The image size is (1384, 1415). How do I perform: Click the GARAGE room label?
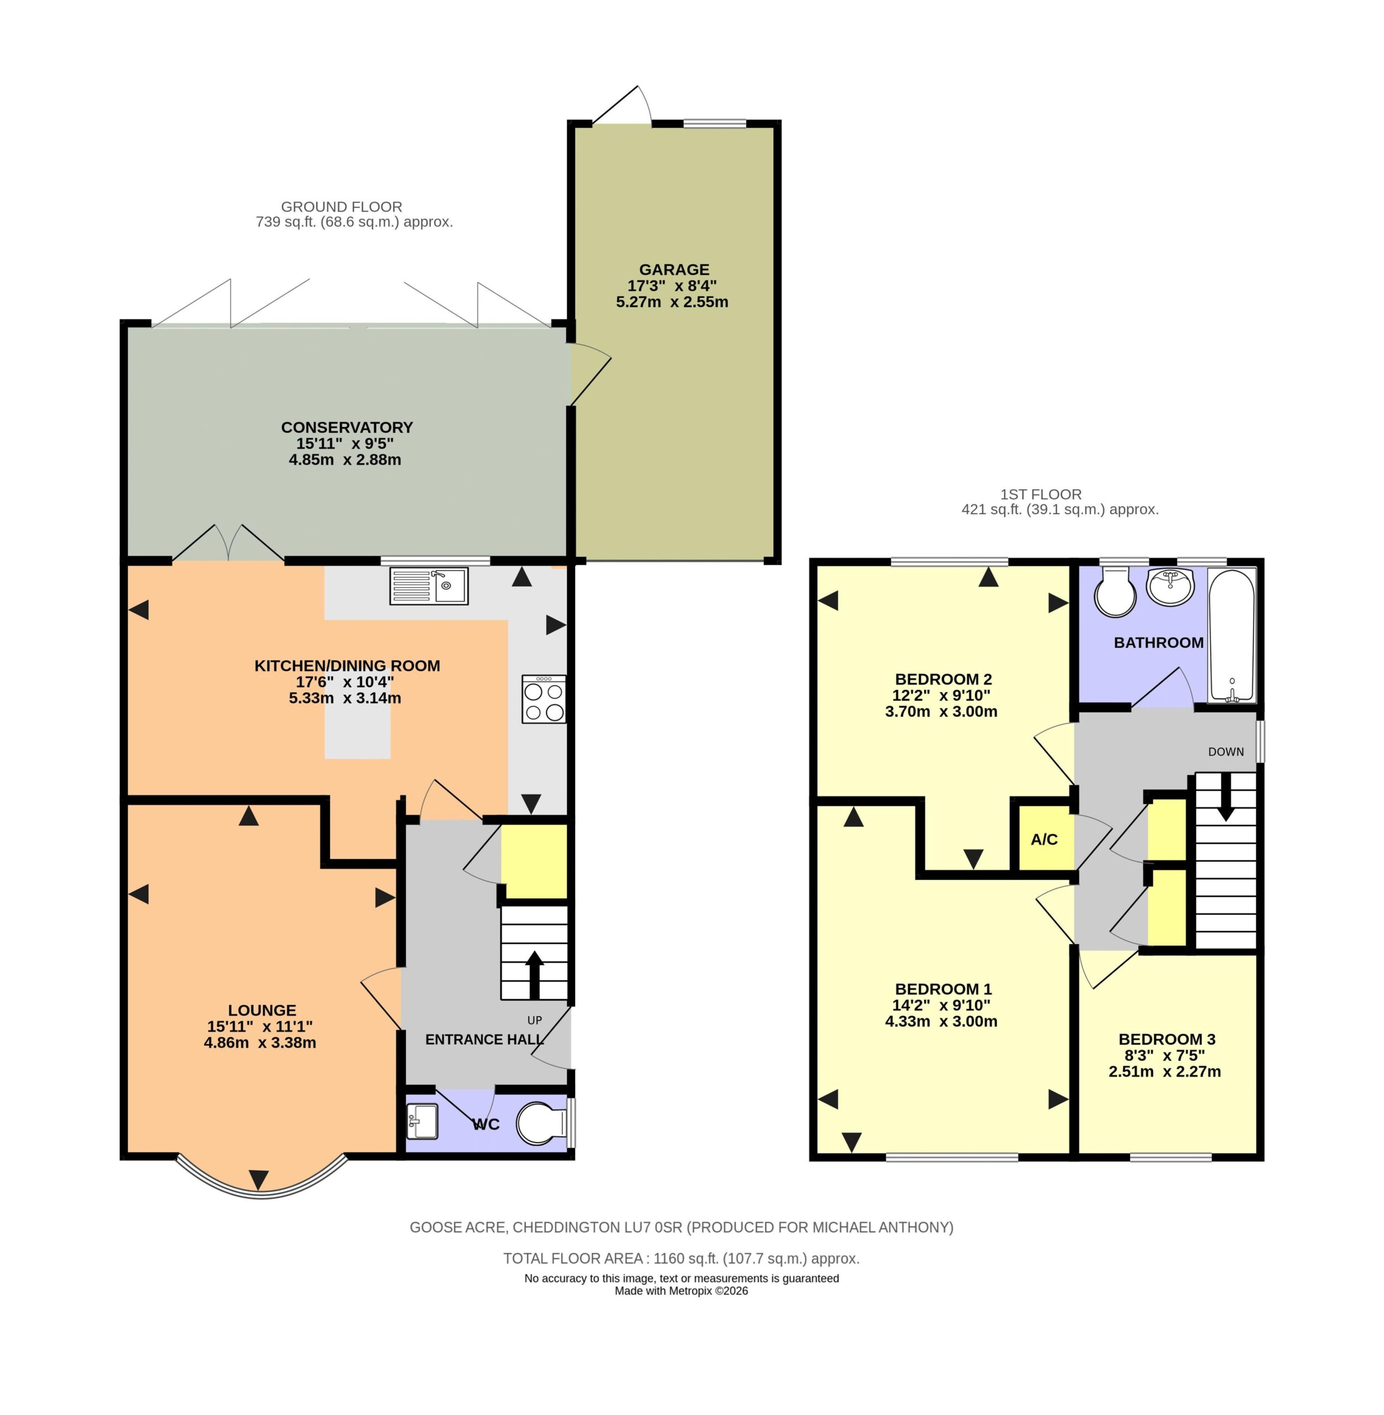(x=674, y=270)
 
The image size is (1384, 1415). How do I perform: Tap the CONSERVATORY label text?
(x=347, y=427)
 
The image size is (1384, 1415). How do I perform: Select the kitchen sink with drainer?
(x=429, y=586)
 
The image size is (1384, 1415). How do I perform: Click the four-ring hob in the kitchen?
(x=544, y=699)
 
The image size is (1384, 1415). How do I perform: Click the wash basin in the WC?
(x=422, y=1120)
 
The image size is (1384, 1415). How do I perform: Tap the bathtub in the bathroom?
(x=1231, y=636)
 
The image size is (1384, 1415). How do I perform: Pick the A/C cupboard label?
(x=1044, y=840)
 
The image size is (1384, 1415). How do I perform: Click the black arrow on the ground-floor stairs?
(x=534, y=974)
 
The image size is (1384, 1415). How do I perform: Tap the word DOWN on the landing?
(x=1226, y=752)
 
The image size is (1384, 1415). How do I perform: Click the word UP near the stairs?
(x=534, y=1020)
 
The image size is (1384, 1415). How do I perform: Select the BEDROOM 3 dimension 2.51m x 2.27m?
(x=1164, y=1071)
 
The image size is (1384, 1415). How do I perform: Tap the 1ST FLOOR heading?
(x=1041, y=494)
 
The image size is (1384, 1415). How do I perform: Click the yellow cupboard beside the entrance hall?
(x=534, y=861)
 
